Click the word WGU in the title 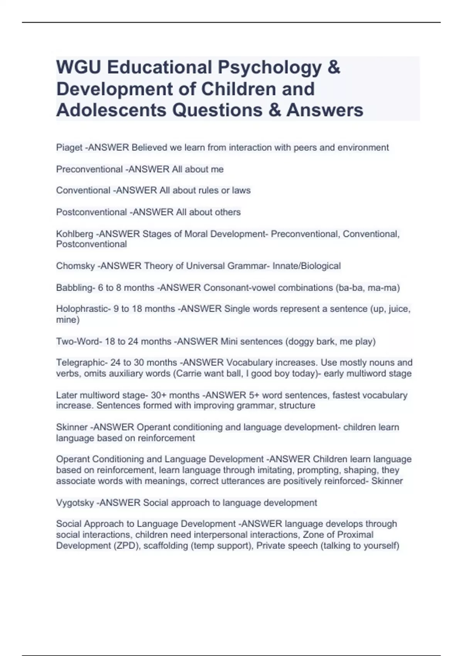click(x=79, y=68)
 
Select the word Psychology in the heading click(x=270, y=68)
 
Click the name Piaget click(x=69, y=147)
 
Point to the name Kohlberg click(x=74, y=234)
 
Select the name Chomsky click(x=75, y=266)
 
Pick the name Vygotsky click(x=75, y=503)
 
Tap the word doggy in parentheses click(x=299, y=342)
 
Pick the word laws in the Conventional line click(x=242, y=190)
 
